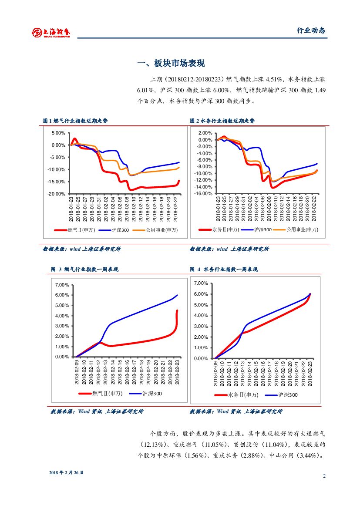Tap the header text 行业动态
tap(311, 30)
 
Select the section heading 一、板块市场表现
tap(171, 64)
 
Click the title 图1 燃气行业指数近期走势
tap(75, 121)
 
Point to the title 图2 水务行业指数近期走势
tap(222, 121)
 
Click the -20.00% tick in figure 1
tap(57, 194)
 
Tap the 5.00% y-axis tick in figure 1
tap(58, 133)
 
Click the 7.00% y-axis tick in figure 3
tap(62, 285)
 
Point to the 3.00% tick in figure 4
tap(201, 326)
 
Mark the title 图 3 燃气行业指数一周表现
tap(84, 270)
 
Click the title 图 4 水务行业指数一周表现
tap(224, 270)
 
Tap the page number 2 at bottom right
tap(324, 475)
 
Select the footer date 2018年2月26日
tap(66, 472)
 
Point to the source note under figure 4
tap(236, 411)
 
